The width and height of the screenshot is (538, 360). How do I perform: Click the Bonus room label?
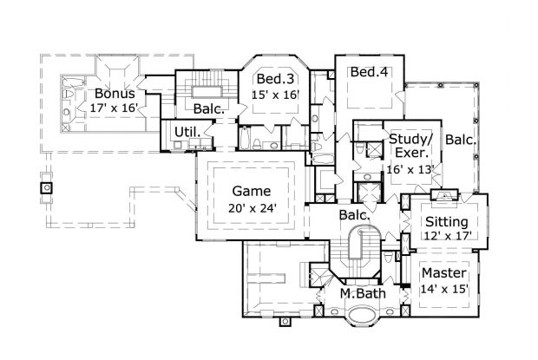point(115,94)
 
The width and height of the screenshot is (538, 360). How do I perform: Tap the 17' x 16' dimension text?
point(115,108)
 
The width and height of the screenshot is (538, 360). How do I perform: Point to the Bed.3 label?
point(273,80)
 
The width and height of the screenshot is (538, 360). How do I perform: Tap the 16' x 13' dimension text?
point(411,169)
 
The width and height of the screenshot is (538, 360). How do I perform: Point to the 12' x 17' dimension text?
point(447,234)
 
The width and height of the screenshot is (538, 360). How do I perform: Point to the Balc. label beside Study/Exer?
point(460,139)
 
